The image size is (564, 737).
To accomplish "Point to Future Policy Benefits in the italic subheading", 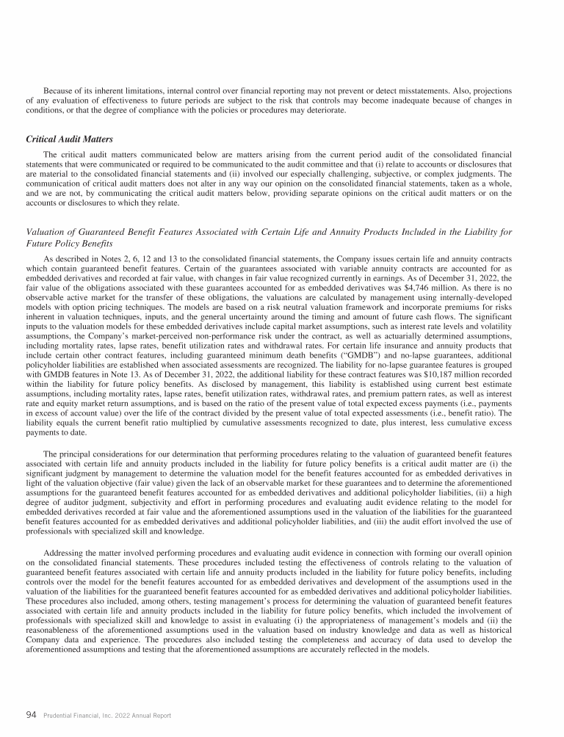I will click(x=69, y=243).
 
